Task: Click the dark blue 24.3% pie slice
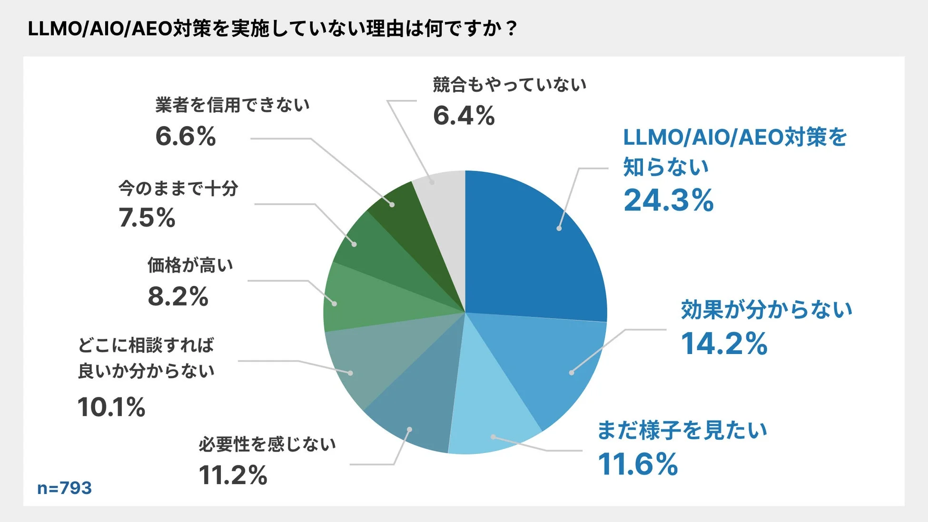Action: (x=533, y=247)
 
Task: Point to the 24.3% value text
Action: (x=668, y=200)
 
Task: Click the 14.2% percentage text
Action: (x=724, y=344)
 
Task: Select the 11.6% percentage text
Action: (x=638, y=464)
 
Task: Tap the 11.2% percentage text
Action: (x=233, y=475)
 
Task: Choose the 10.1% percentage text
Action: (x=111, y=407)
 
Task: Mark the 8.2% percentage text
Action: (x=178, y=296)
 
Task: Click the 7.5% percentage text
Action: (x=147, y=218)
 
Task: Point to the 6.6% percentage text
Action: (x=186, y=137)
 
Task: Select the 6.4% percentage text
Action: (x=464, y=116)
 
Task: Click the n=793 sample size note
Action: (x=64, y=488)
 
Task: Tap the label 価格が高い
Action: (x=190, y=265)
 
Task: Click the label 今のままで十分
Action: (x=178, y=188)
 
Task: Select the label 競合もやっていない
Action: (x=509, y=85)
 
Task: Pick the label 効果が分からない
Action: (x=766, y=310)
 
